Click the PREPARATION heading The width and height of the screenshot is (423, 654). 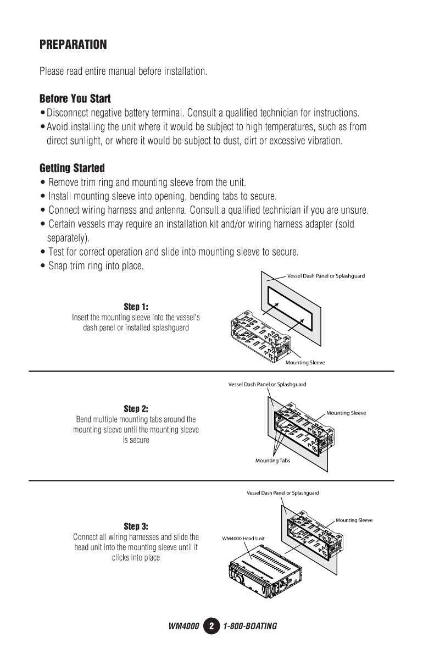pos(73,45)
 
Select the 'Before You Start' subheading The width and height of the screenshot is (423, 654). pos(75,99)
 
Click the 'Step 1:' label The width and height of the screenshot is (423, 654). pos(136,306)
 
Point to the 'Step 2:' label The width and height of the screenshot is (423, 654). pos(136,409)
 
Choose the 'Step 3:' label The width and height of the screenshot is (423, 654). pos(136,526)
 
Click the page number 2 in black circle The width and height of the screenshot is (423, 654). pos(211,626)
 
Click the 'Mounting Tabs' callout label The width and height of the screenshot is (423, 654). pos(272,461)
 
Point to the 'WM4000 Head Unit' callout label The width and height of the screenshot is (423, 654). pos(243,538)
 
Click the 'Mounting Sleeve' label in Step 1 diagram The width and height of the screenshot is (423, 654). pos(305,363)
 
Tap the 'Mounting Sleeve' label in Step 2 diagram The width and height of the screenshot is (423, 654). pos(346,413)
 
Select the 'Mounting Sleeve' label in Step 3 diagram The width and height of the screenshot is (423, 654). pos(354,520)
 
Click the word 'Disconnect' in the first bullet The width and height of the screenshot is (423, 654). pos(65,114)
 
